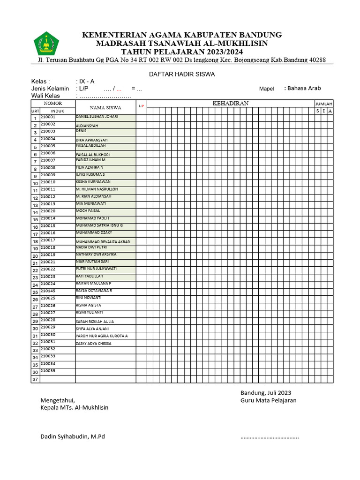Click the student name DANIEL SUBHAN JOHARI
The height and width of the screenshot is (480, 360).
click(97, 116)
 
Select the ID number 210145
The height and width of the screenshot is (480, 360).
click(48, 291)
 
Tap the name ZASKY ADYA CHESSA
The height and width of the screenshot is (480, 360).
click(94, 344)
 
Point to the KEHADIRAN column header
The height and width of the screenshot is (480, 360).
click(230, 103)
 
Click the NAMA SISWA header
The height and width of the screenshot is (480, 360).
click(105, 107)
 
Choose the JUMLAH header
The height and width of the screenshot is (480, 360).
click(323, 104)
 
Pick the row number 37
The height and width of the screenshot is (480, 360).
click(35, 379)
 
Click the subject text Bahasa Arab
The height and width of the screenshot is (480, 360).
click(304, 88)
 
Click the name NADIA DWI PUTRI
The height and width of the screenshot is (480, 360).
click(91, 247)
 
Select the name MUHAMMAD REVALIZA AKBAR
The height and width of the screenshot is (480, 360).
click(103, 242)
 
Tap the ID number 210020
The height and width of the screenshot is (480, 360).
click(48, 211)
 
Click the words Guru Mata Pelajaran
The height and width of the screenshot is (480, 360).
click(268, 400)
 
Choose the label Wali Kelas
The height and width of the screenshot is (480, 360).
click(45, 96)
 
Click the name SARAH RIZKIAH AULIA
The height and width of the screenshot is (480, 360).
click(95, 322)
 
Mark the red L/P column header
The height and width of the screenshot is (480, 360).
click(142, 106)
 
